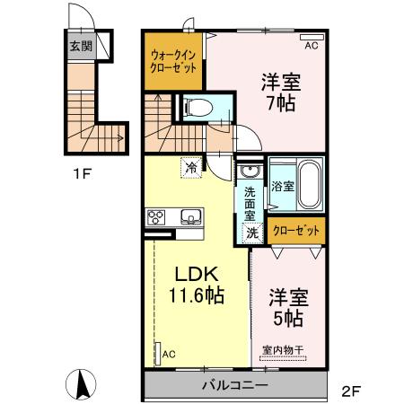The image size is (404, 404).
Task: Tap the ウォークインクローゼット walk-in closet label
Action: coord(174,61)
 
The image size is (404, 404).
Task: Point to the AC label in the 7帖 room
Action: coord(312,45)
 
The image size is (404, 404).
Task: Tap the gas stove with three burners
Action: coord(156,216)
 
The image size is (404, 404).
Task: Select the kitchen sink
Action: coord(192,216)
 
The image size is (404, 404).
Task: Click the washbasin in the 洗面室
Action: coord(249,171)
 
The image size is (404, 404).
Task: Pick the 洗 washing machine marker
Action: coord(253,231)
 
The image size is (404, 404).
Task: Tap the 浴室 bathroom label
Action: coord(282,186)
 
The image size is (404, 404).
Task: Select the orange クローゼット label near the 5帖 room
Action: coord(295,231)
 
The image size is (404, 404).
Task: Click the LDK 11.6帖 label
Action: coord(192,283)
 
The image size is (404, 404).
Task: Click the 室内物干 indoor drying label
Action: coord(285,351)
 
